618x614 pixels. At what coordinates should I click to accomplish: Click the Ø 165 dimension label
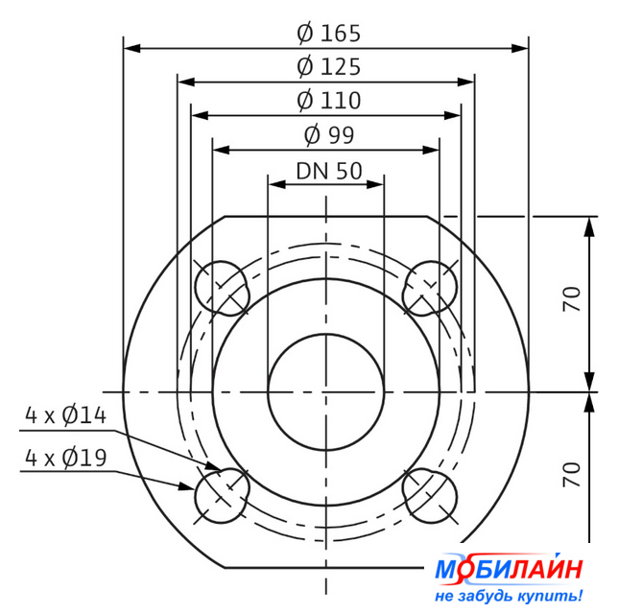coord(328,34)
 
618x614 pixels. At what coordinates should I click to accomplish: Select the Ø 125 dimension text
coord(328,66)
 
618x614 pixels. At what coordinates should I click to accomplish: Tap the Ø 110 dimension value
coord(328,101)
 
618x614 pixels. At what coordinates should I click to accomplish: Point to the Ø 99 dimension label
coord(329,135)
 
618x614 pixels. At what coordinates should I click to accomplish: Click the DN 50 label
coord(329,171)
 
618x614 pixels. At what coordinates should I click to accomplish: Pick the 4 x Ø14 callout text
coord(66,415)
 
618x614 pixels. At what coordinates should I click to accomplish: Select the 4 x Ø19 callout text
coord(66,458)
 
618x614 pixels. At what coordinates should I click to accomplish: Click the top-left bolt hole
coord(222,289)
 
